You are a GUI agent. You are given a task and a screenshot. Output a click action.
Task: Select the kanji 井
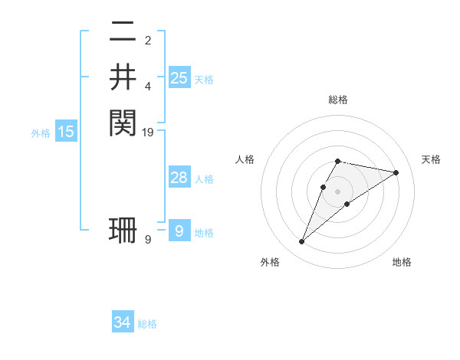[123, 77]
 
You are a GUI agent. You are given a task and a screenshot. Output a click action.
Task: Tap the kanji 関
[123, 122]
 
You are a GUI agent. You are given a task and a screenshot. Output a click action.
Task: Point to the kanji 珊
[123, 231]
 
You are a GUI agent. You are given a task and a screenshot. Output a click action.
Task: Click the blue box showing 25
[179, 77]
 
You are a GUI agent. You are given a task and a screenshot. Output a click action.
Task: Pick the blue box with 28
[179, 178]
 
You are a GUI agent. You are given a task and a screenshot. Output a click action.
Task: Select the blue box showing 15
[66, 132]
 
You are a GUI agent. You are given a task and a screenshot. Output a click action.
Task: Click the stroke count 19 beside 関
[148, 133]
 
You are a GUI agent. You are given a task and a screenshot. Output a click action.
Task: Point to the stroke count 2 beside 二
[148, 41]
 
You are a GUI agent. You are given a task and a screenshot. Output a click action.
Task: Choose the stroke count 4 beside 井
[148, 87]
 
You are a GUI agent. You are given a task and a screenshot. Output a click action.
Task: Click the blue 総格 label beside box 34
[147, 324]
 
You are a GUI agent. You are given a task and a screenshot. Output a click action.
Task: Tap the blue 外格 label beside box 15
[41, 133]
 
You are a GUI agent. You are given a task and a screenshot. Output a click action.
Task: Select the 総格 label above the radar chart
[337, 100]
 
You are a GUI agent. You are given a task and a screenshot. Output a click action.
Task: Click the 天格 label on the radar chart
[431, 159]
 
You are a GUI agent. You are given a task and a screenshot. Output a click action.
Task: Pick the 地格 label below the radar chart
[402, 262]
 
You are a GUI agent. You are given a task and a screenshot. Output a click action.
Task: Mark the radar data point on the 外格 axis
[301, 242]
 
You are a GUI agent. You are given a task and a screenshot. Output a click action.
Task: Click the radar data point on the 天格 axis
[396, 172]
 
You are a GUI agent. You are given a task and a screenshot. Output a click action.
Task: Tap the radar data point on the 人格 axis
[324, 187]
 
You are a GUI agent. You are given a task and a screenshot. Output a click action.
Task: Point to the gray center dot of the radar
[337, 191]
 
